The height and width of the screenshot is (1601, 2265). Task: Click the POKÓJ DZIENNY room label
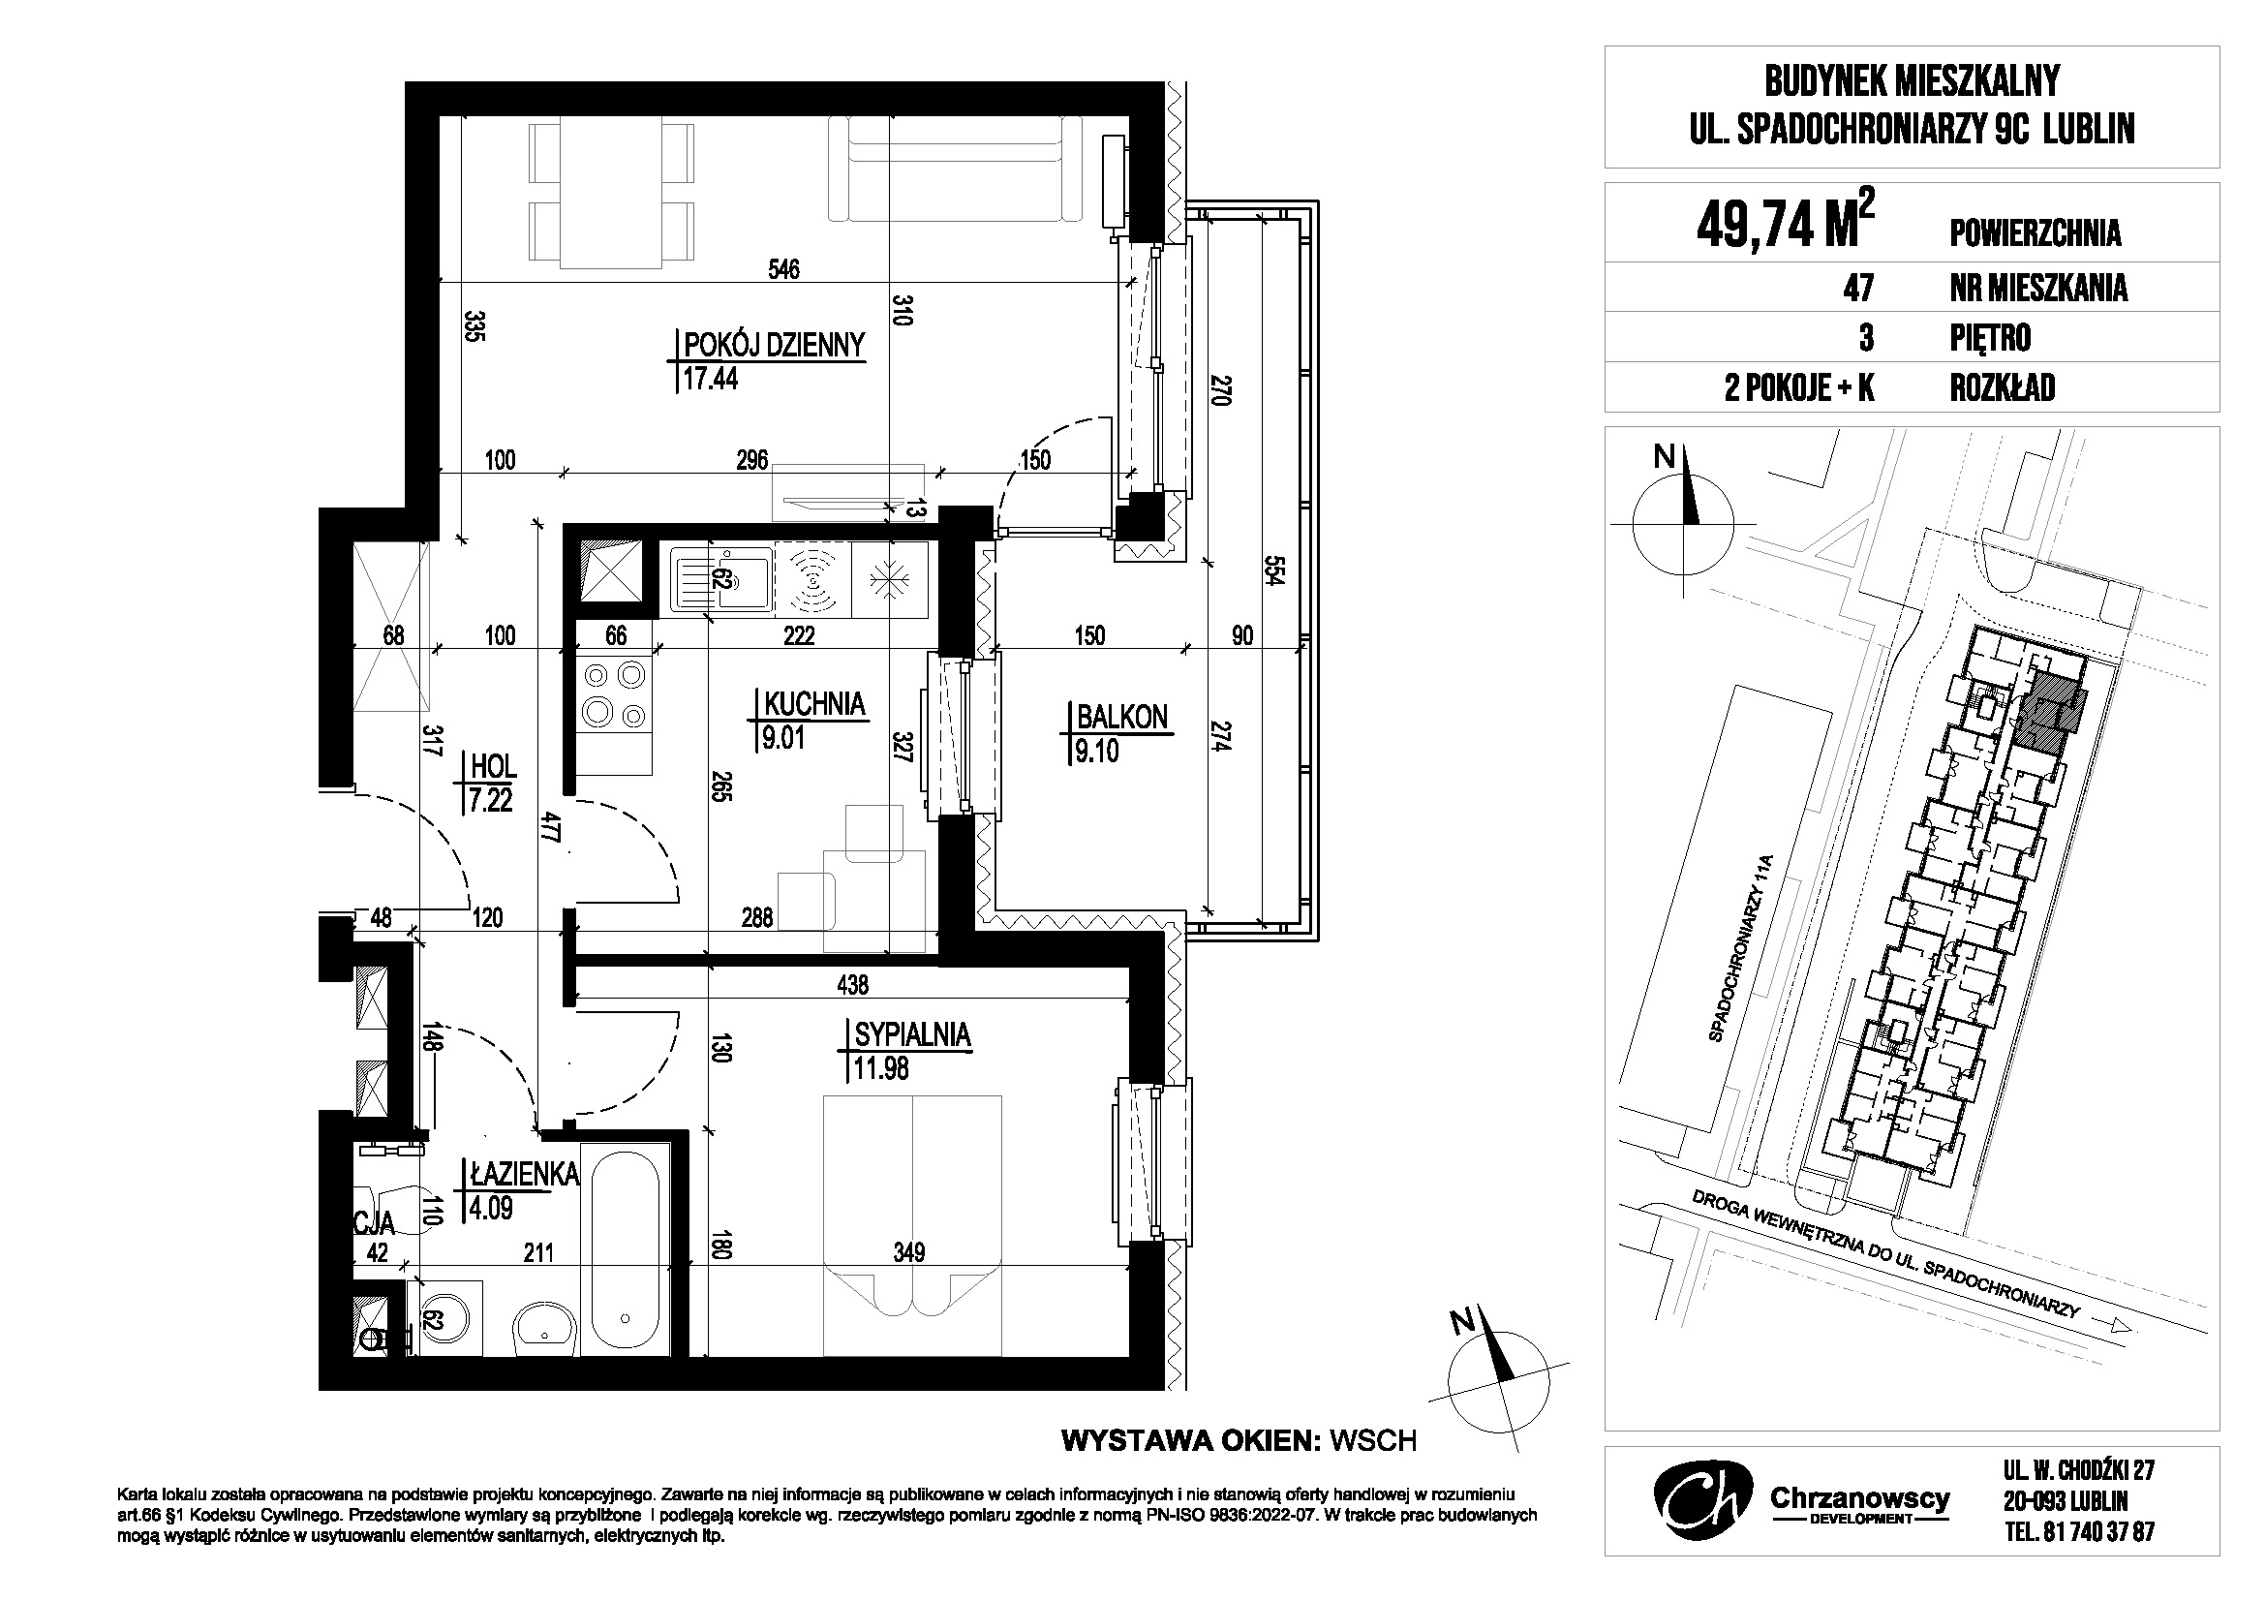(x=775, y=344)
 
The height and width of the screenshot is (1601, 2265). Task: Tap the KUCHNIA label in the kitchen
(x=814, y=703)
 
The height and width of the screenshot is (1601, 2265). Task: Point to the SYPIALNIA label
(x=913, y=1034)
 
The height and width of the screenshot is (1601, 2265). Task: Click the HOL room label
(x=494, y=765)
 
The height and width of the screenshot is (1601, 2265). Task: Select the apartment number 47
(x=1858, y=287)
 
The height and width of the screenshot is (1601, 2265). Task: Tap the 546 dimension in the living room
(x=784, y=268)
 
